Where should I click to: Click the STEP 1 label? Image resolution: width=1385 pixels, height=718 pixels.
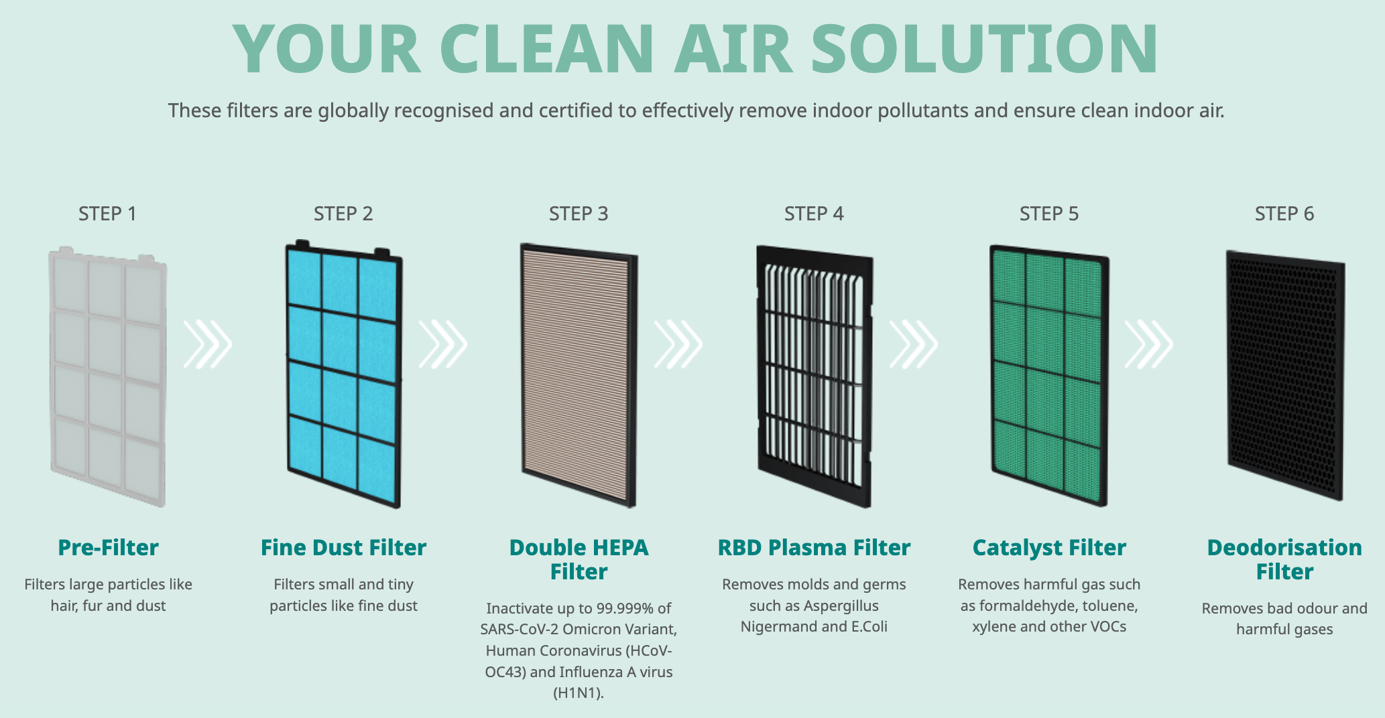(x=107, y=214)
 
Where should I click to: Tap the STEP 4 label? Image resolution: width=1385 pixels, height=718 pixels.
(x=814, y=214)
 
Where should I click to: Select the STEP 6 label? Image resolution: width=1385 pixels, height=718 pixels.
(x=1284, y=214)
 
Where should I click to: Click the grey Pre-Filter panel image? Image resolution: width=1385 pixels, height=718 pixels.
(x=107, y=376)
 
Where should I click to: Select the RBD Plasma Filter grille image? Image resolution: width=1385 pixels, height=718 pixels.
(x=815, y=376)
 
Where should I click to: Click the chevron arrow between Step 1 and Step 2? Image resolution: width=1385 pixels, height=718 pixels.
(x=208, y=344)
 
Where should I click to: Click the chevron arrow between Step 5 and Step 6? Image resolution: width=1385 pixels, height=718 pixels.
(x=1149, y=344)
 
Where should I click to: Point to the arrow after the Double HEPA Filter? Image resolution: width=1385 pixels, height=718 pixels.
(x=678, y=344)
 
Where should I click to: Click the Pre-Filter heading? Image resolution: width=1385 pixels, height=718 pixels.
(x=108, y=547)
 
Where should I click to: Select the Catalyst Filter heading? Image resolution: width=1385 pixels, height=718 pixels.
(x=1049, y=547)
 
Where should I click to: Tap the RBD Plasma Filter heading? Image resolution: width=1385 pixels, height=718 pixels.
(x=814, y=547)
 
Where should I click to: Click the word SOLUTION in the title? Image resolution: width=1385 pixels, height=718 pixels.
(x=984, y=49)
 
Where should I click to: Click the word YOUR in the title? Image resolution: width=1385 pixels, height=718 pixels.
(x=327, y=49)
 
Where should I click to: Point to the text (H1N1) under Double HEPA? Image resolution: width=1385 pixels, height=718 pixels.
(x=579, y=693)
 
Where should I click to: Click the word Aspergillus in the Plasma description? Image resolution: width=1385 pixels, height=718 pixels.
(x=841, y=606)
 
